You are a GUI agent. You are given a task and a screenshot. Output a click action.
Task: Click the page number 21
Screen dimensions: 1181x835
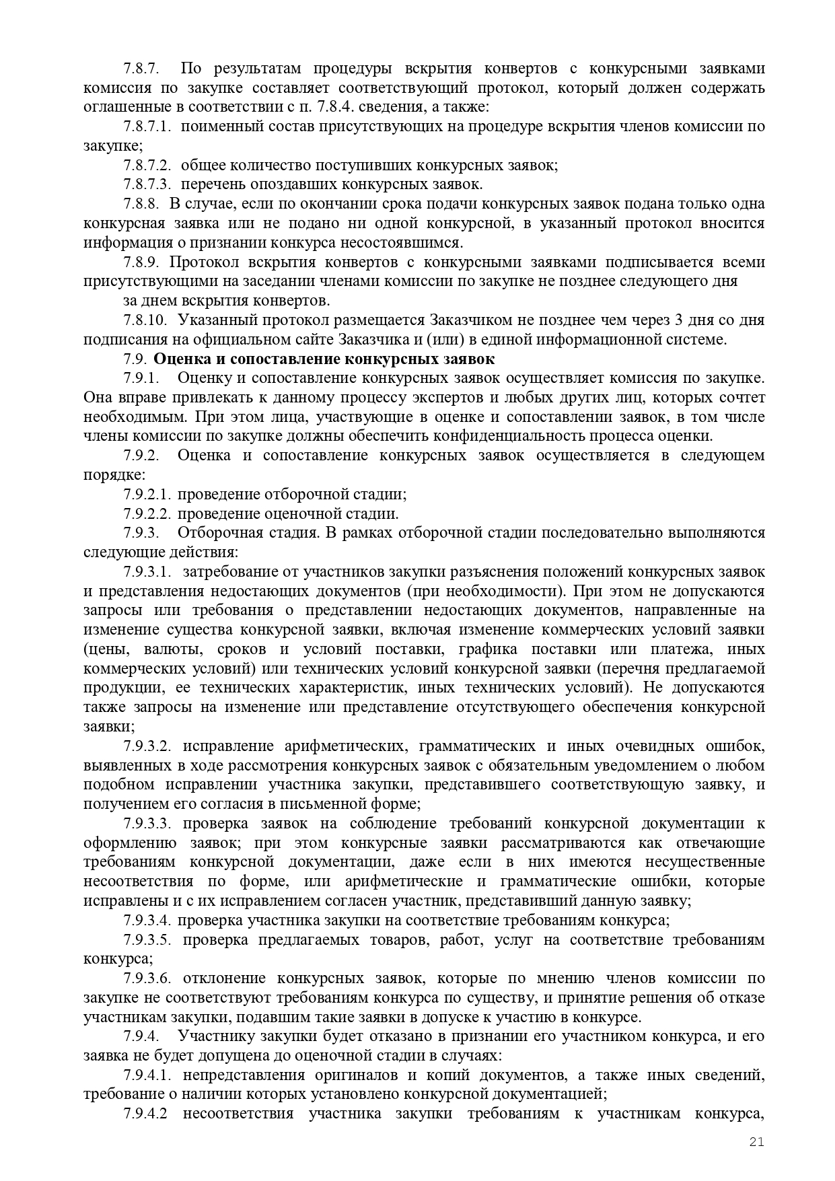756,1142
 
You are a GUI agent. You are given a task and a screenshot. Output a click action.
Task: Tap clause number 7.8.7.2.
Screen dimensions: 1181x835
147,166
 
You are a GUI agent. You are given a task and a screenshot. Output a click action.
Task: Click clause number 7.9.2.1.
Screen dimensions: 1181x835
147,495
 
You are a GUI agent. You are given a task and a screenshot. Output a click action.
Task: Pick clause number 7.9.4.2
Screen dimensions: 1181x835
145,1114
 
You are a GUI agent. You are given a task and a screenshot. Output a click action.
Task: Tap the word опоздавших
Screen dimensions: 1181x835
287,184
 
